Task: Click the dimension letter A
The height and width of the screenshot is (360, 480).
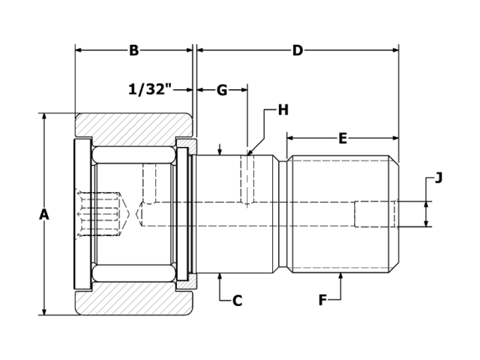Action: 44,214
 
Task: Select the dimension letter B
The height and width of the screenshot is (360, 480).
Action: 133,50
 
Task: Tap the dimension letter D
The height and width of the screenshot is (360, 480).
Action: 297,50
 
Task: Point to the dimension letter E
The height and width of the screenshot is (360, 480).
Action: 343,138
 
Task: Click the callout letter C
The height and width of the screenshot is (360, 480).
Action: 237,301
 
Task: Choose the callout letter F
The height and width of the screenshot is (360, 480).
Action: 322,301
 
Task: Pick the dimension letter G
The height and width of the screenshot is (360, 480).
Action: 222,90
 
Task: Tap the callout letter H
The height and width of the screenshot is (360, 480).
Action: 283,110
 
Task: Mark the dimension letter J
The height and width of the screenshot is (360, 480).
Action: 439,178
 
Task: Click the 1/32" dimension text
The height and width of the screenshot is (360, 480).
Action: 151,90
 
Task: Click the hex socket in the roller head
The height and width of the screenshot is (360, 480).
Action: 100,214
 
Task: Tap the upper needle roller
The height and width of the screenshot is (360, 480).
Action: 133,155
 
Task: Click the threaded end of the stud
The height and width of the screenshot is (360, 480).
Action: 343,214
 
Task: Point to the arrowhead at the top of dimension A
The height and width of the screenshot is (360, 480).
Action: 44,117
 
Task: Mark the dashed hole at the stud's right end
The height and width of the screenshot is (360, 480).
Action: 375,214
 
